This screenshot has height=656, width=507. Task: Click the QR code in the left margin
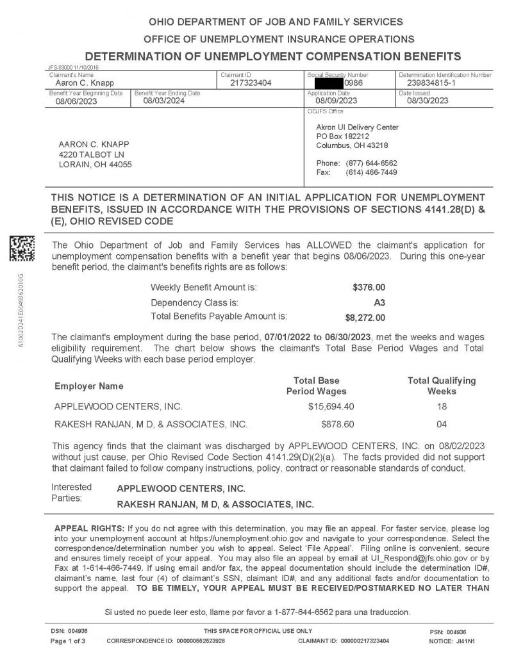(x=21, y=248)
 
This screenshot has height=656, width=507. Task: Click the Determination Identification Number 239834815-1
(x=433, y=83)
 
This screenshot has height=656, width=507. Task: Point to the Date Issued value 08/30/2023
(x=428, y=101)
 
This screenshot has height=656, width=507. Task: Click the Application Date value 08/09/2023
(x=337, y=101)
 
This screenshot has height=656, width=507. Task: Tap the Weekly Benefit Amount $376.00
(x=369, y=287)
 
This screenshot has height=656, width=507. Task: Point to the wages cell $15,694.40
(x=331, y=406)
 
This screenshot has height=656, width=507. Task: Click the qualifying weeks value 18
(x=442, y=406)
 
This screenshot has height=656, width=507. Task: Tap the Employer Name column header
(x=88, y=386)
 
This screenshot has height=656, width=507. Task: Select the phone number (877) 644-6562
(x=371, y=163)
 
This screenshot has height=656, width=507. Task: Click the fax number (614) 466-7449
(x=371, y=172)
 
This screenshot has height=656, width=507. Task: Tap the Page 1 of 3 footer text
(x=68, y=641)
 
